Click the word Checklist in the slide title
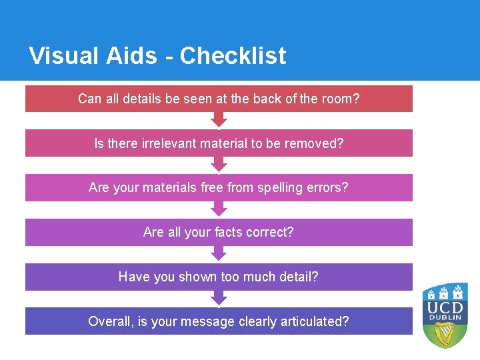point(233,56)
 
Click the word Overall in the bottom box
point(110,321)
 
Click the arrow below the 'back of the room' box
point(219,120)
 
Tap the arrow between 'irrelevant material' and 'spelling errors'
point(219,165)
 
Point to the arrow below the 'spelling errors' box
point(219,209)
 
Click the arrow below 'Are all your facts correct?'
point(219,254)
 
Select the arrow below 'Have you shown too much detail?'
point(219,299)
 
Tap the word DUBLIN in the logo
point(445,320)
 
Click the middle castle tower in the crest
point(445,291)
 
